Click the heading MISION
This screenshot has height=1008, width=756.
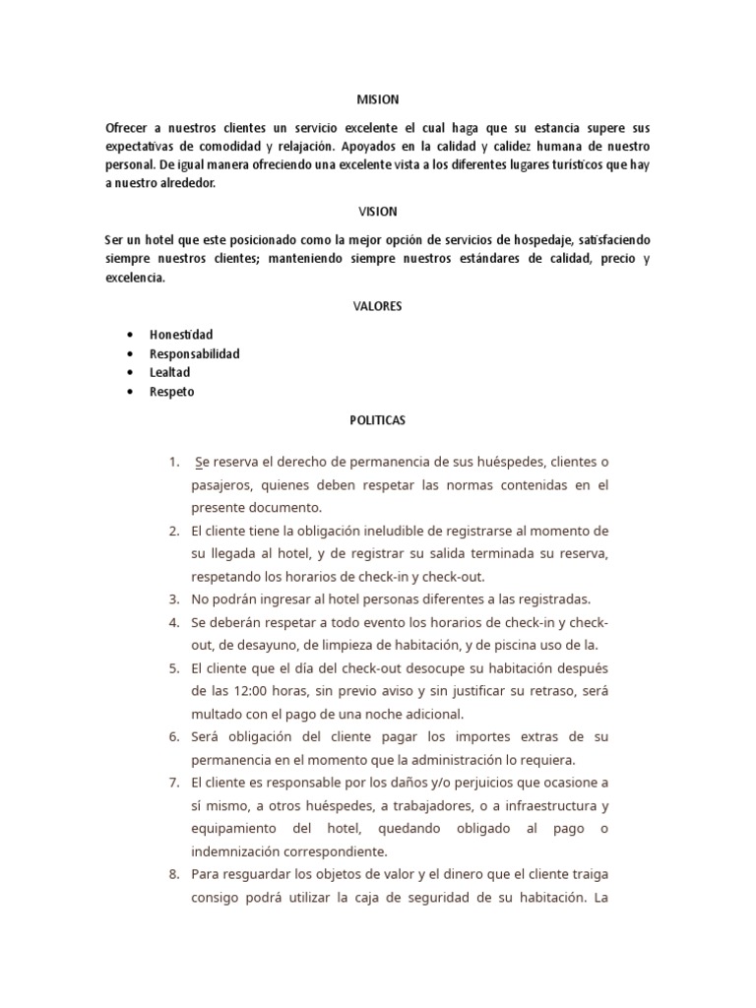[x=377, y=99]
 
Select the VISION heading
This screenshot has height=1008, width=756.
[x=377, y=212]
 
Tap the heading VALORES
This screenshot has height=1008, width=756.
[x=377, y=306]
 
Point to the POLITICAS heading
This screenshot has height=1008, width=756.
[x=377, y=419]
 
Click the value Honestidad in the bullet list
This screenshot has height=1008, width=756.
[x=181, y=335]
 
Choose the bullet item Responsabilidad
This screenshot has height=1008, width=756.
[x=194, y=353]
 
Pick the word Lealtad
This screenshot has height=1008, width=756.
[x=169, y=372]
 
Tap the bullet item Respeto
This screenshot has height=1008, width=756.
[x=171, y=391]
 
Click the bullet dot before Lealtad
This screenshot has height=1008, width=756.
[x=130, y=373]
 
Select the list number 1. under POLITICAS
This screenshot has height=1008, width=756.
[x=173, y=462]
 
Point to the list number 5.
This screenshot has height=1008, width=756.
[x=173, y=666]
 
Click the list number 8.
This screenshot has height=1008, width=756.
[x=173, y=873]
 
